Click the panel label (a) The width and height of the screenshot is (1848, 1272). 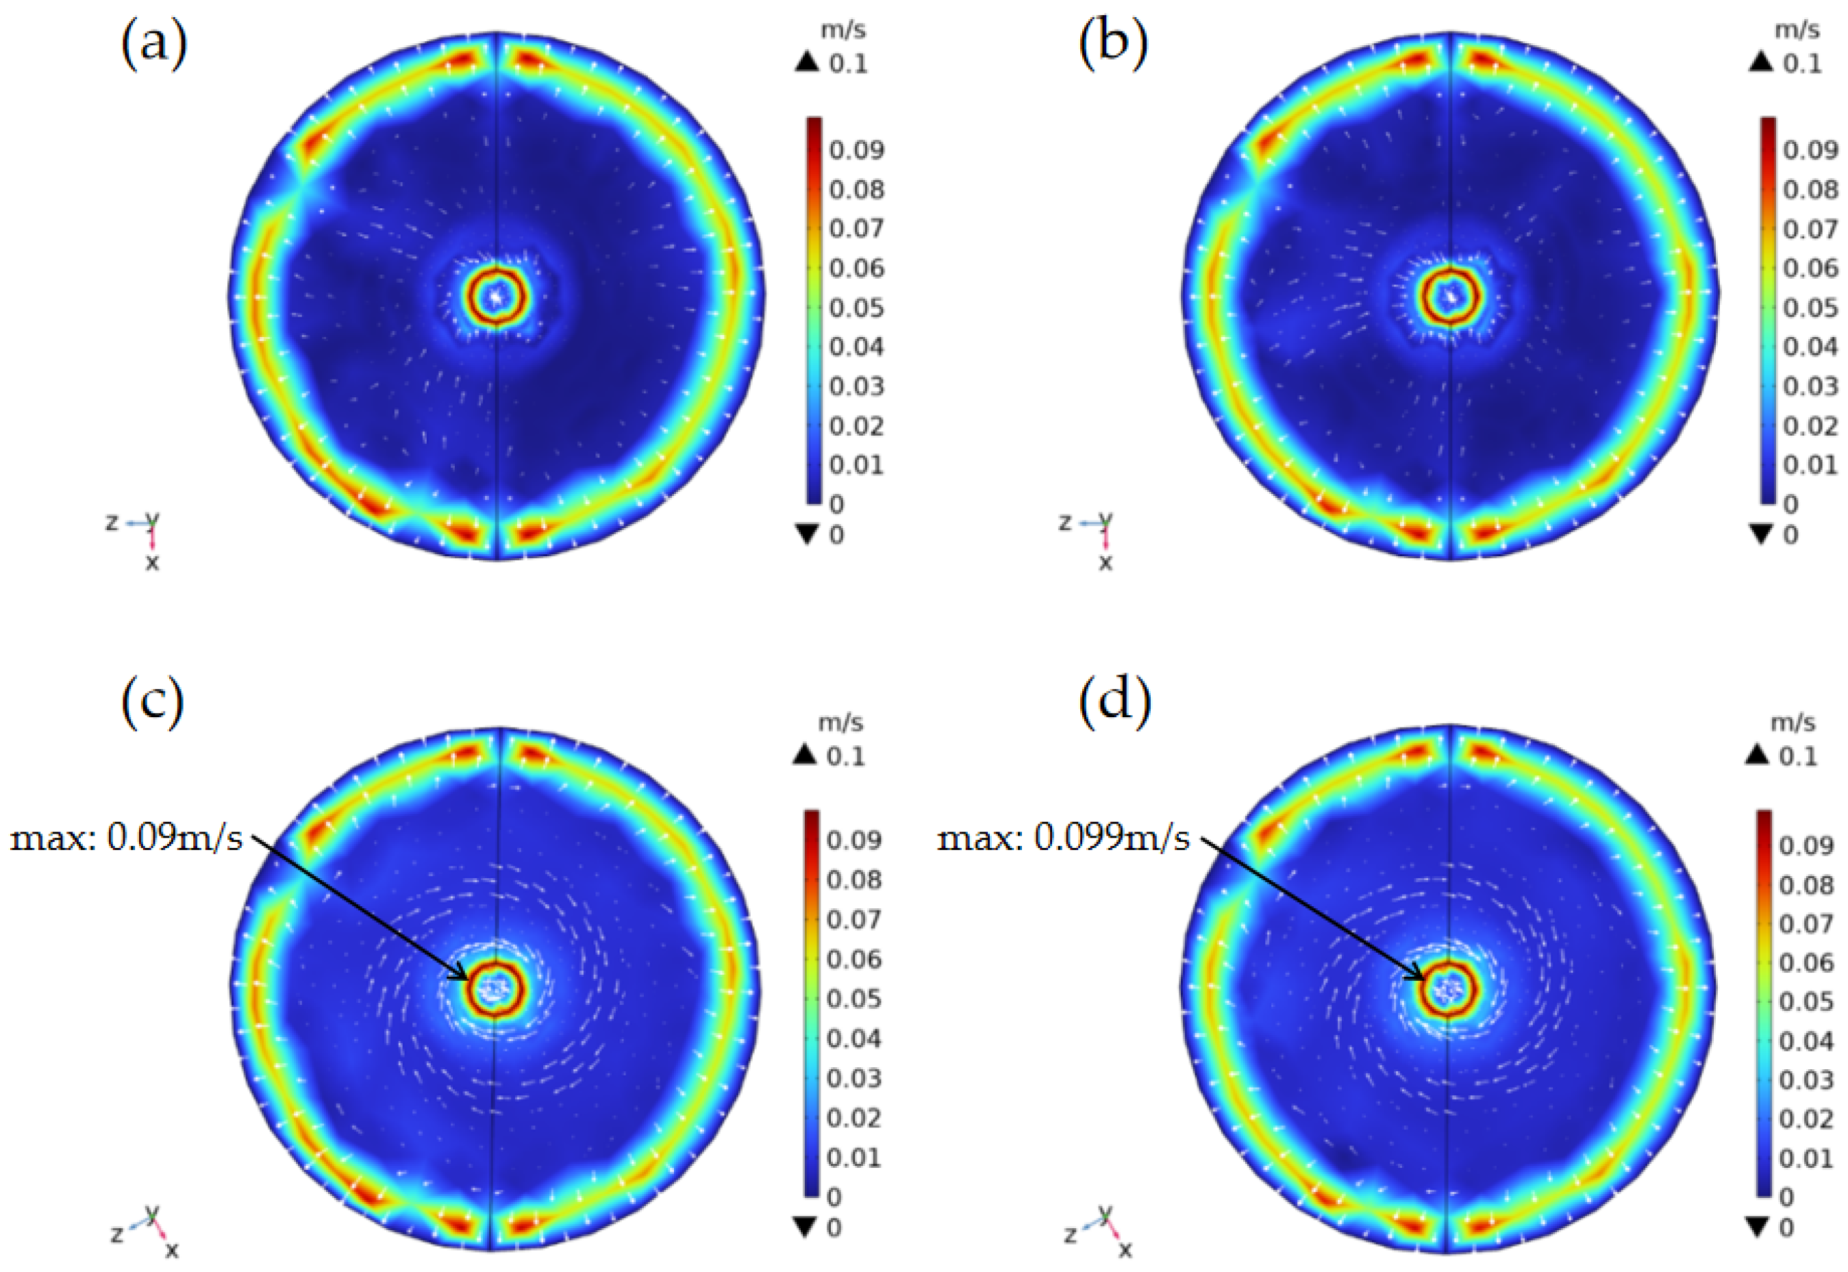154,44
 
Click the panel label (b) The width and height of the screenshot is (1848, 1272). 1113,44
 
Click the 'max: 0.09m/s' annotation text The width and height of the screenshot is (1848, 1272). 126,838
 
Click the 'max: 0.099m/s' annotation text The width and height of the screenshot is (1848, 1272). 1063,838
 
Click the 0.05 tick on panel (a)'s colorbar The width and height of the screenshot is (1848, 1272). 856,308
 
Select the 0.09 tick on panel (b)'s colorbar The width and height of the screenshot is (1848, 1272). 1810,150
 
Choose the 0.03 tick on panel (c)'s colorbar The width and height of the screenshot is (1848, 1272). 853,1078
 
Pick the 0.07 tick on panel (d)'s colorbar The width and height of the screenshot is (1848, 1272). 1806,925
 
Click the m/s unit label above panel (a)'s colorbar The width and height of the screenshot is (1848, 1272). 843,30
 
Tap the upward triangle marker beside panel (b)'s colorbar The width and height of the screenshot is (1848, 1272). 1760,62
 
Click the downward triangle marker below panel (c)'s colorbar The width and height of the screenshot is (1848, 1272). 806,1228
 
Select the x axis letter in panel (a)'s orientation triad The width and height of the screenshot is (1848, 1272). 151,562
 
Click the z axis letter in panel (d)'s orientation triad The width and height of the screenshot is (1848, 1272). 1070,1234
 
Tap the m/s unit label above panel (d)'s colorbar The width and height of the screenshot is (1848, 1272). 1793,722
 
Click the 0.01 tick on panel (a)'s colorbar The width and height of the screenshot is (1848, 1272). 856,464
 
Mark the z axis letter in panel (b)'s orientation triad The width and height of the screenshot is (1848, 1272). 1064,522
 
